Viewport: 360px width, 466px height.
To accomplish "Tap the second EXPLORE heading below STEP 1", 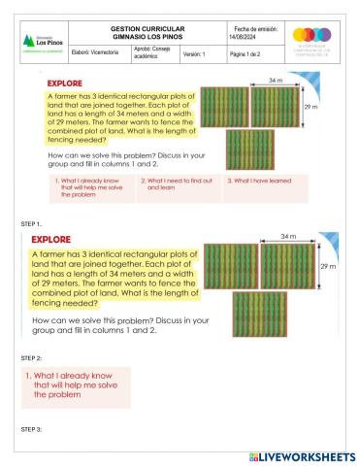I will coord(59,238).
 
